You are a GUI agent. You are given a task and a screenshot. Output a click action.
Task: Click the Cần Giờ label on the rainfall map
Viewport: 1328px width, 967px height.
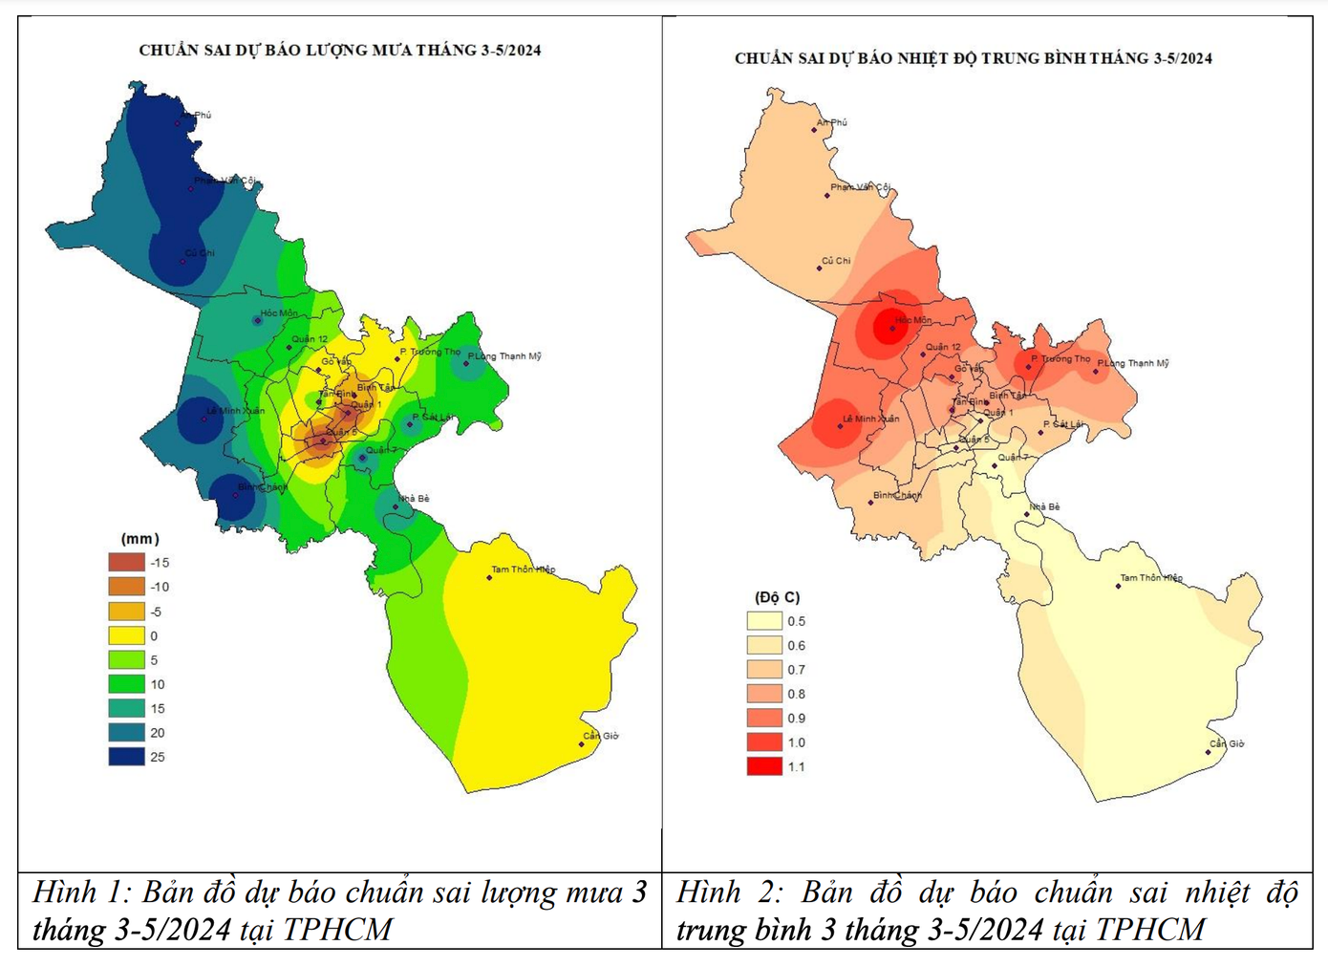click(x=601, y=736)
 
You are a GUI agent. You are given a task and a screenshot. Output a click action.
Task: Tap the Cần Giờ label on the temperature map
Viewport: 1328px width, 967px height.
click(x=1227, y=743)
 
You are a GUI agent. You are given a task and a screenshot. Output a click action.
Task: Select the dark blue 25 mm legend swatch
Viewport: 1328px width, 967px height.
click(x=126, y=757)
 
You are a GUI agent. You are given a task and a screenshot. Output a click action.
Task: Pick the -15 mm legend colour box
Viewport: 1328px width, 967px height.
click(x=126, y=563)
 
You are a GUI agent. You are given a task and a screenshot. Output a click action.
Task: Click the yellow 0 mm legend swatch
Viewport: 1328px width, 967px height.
click(x=126, y=635)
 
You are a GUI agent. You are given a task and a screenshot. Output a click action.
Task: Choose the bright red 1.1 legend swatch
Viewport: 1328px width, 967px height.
click(x=764, y=766)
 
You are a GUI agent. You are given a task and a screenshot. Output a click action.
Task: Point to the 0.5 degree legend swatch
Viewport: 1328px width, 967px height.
click(x=764, y=621)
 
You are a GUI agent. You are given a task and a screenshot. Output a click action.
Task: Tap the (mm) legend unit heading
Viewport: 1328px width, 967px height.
click(x=140, y=539)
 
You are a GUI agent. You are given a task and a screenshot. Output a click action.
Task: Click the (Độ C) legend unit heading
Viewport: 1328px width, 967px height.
click(x=777, y=597)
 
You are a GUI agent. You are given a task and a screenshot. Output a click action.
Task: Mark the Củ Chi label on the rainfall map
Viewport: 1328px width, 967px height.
click(x=200, y=253)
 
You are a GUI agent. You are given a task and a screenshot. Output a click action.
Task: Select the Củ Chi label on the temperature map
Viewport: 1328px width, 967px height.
click(x=836, y=261)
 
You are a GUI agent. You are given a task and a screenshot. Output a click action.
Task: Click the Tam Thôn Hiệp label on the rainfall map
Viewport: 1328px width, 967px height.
click(x=523, y=569)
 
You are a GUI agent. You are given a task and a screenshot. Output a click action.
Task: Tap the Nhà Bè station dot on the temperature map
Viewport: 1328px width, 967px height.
click(x=1027, y=515)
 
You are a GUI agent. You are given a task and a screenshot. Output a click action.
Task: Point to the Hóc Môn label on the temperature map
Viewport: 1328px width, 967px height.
click(x=913, y=320)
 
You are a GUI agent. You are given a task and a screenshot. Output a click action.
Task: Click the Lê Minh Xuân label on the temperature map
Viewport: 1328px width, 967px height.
click(x=870, y=419)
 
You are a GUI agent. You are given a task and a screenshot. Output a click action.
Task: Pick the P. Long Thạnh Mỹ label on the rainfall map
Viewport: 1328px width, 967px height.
click(x=504, y=356)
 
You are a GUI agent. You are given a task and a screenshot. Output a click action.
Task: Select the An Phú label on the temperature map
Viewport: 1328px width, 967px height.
click(x=832, y=122)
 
